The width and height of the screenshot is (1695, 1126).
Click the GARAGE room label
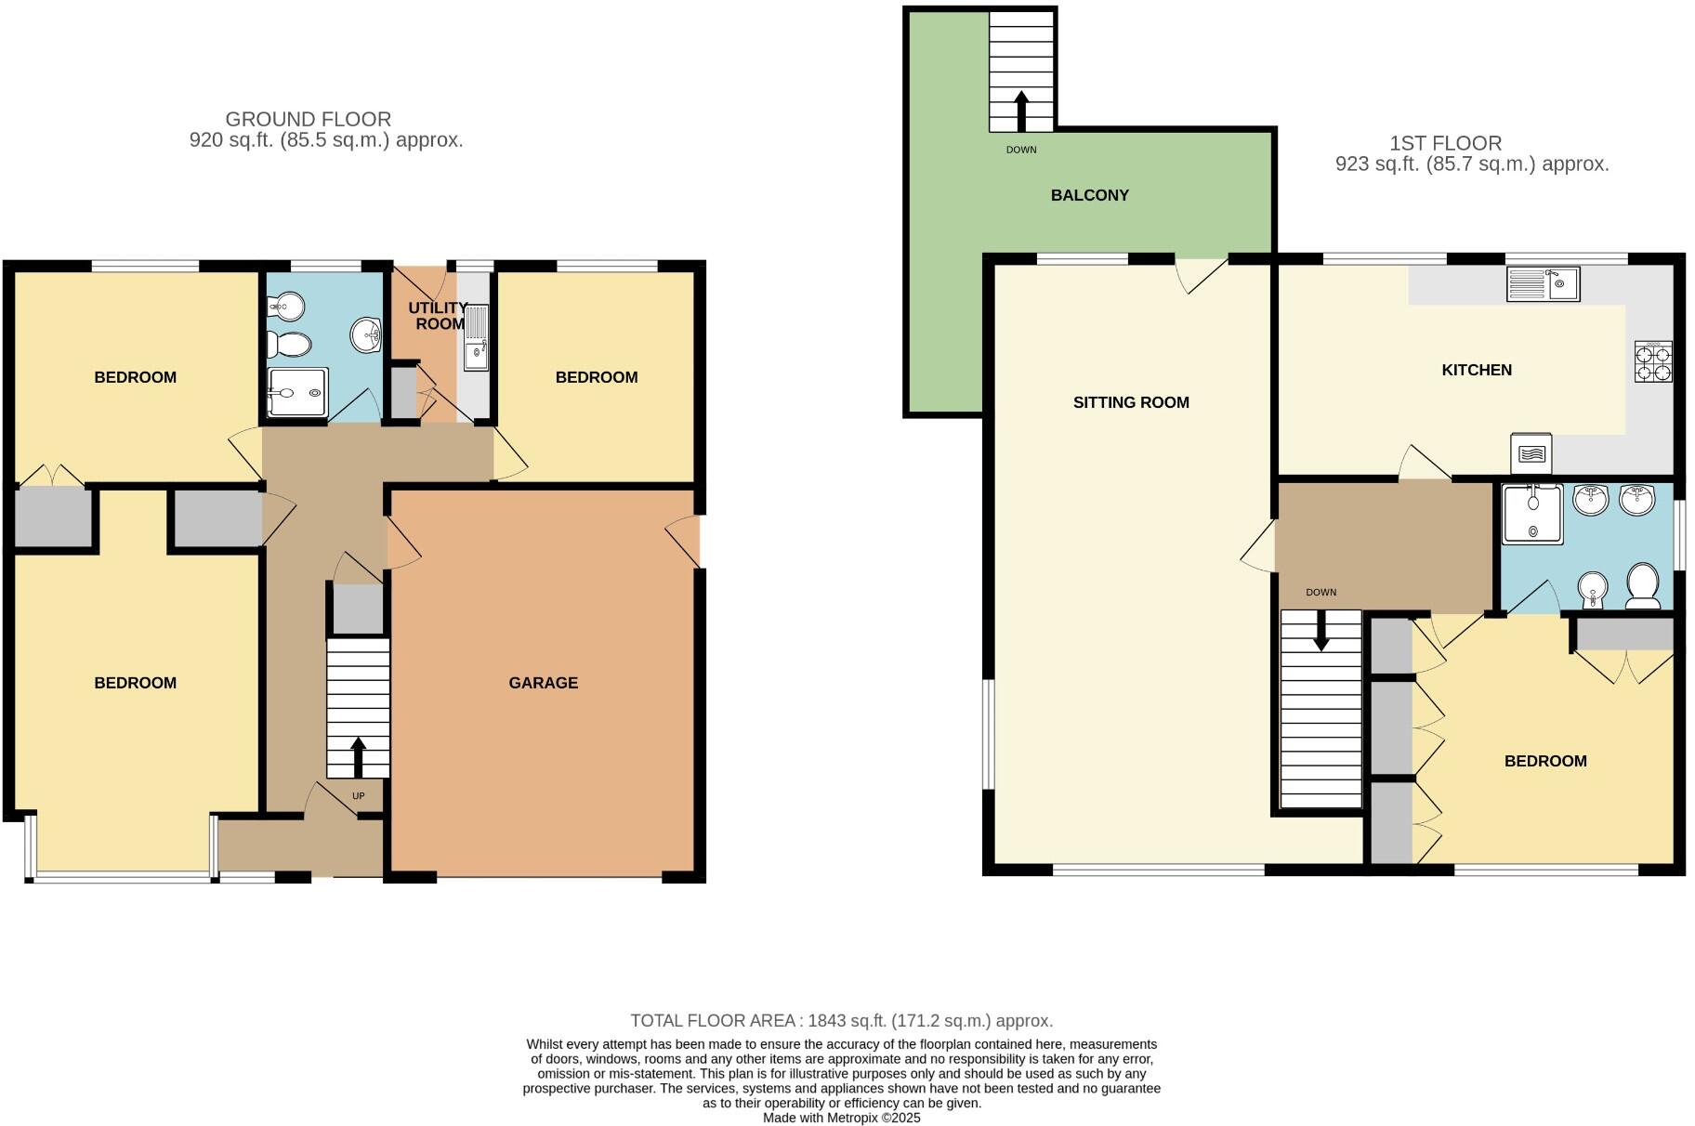[543, 683]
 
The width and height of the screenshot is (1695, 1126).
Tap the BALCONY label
[1089, 195]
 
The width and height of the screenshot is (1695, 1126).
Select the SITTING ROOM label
[1130, 402]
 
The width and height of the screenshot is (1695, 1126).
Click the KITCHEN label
[1476, 370]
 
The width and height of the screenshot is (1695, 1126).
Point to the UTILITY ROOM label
[438, 316]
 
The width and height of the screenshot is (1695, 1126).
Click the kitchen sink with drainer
[1543, 283]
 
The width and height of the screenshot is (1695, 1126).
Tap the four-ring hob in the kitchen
[1653, 362]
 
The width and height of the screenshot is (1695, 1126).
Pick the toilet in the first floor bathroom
[1643, 585]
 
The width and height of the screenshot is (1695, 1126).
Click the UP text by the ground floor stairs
[359, 796]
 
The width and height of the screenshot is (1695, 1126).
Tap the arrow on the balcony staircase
[1021, 110]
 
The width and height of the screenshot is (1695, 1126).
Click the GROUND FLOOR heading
[308, 119]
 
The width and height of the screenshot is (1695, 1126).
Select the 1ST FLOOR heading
[1445, 143]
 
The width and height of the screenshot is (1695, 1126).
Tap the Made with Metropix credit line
[841, 1118]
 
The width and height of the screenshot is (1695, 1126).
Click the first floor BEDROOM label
[1544, 761]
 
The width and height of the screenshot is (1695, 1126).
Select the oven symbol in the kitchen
[1531, 452]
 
